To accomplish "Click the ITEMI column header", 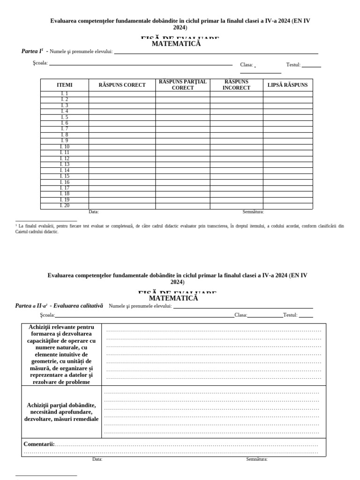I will pyautogui.click(x=64, y=85).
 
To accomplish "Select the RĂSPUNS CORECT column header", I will pyautogui.click(x=122, y=85).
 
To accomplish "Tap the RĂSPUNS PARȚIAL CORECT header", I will pyautogui.click(x=182, y=85).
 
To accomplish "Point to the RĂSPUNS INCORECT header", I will pyautogui.click(x=236, y=85).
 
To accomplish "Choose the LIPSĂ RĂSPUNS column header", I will pyautogui.click(x=287, y=85).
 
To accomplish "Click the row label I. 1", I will pyautogui.click(x=64, y=94).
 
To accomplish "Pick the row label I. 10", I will pyautogui.click(x=64, y=147).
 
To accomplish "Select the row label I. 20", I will pyautogui.click(x=64, y=206).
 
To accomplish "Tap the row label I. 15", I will pyautogui.click(x=64, y=176).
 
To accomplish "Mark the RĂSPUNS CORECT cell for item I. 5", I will pyautogui.click(x=122, y=117).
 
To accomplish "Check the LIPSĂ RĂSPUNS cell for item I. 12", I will pyautogui.click(x=287, y=158).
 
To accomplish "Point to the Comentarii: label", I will pyautogui.click(x=39, y=444).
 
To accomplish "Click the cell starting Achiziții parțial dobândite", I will pyautogui.click(x=61, y=412).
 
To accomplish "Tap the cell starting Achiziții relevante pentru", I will pyautogui.click(x=61, y=354).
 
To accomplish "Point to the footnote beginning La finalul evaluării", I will pyautogui.click(x=180, y=228).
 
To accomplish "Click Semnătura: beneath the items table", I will pyautogui.click(x=253, y=212).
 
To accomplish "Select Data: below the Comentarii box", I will pyautogui.click(x=97, y=459).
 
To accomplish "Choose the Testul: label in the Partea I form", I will pyautogui.click(x=293, y=65).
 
